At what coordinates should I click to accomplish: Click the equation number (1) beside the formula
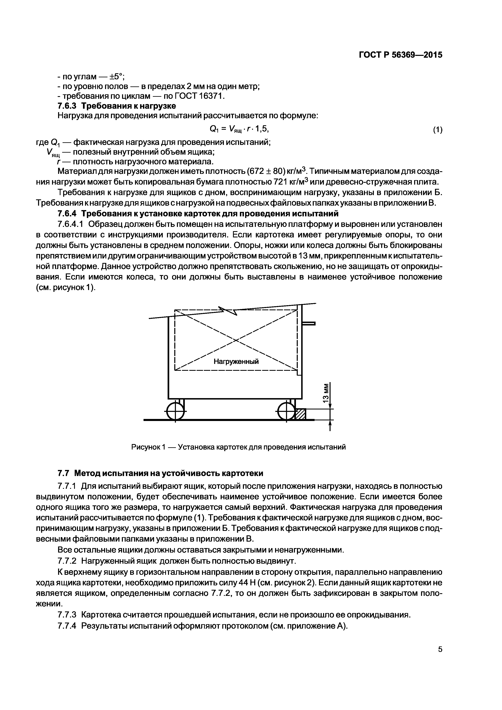pos(437,130)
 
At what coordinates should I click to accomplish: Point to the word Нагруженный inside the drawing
pos(236,361)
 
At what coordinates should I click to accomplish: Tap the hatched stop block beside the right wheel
pos(300,414)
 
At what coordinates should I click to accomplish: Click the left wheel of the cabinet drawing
pos(175,411)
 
